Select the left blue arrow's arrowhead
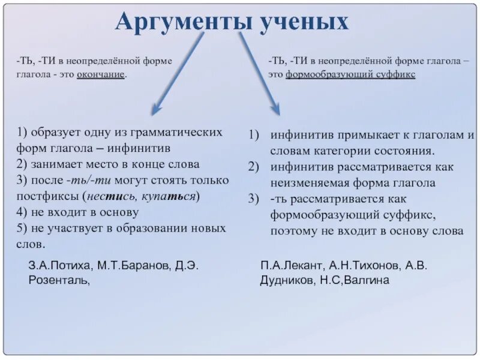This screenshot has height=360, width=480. (x=157, y=109)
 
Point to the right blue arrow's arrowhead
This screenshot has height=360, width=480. (x=275, y=109)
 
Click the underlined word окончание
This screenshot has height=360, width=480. (x=101, y=74)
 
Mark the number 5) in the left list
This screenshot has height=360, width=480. (x=22, y=229)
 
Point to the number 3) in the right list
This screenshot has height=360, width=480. (x=253, y=199)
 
